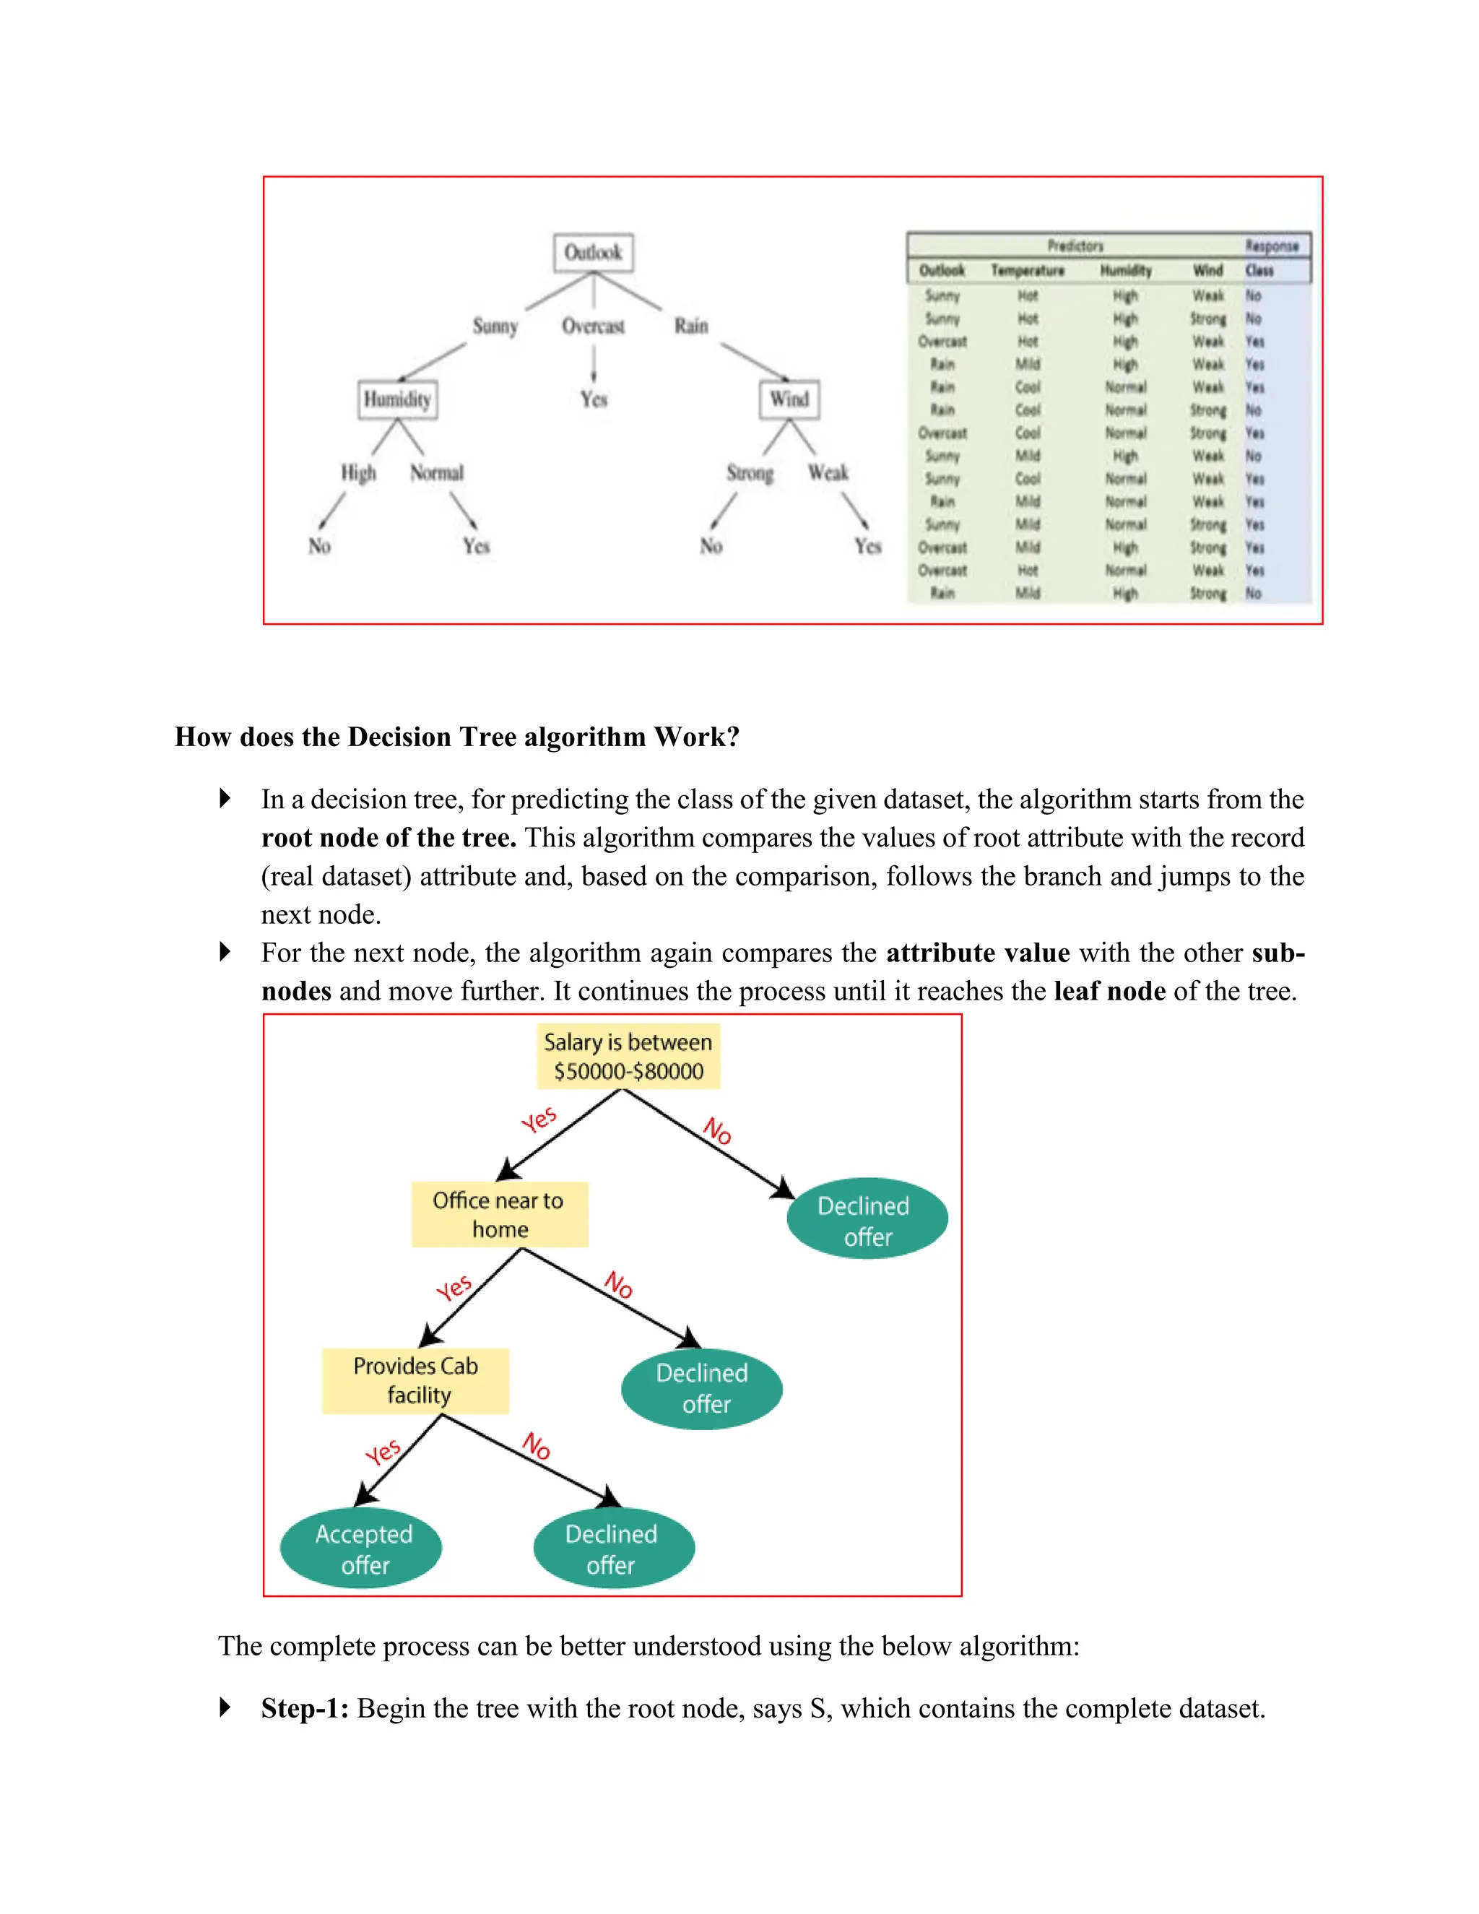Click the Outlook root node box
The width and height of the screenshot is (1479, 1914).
click(x=593, y=252)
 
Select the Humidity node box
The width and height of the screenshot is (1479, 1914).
click(x=398, y=399)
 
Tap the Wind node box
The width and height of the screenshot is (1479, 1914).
click(x=789, y=399)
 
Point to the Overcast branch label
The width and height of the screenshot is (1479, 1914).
click(x=593, y=326)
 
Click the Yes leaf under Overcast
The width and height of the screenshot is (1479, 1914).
click(x=593, y=399)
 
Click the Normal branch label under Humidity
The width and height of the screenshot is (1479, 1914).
click(x=436, y=473)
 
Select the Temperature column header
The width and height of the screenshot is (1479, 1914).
click(x=1027, y=271)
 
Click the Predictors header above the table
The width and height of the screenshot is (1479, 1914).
click(x=1075, y=246)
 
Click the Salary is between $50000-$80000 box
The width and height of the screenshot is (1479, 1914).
click(x=628, y=1056)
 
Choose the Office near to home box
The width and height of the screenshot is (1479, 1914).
click(x=500, y=1214)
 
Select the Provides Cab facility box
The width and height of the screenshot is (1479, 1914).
click(x=416, y=1380)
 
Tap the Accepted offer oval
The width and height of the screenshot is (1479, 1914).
click(x=362, y=1549)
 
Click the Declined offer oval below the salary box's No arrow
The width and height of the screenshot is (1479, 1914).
click(x=867, y=1221)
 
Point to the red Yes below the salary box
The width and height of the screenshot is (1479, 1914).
click(x=539, y=1120)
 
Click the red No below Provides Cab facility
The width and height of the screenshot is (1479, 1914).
click(x=537, y=1445)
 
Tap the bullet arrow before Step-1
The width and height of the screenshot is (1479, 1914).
click(x=225, y=1707)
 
